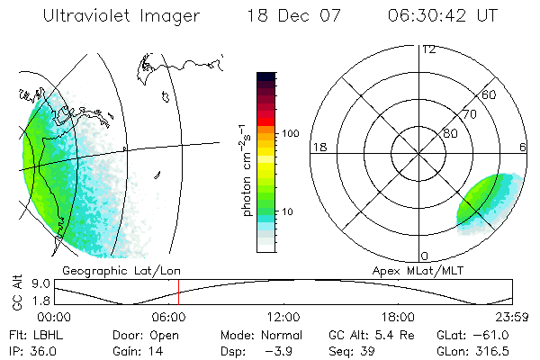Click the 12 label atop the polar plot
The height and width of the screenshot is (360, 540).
(429, 49)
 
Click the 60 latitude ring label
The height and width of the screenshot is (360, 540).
(490, 94)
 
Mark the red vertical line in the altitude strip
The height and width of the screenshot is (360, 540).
(178, 292)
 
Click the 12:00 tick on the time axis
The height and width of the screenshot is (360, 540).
(283, 317)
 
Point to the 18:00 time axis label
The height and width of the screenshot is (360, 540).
(398, 317)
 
